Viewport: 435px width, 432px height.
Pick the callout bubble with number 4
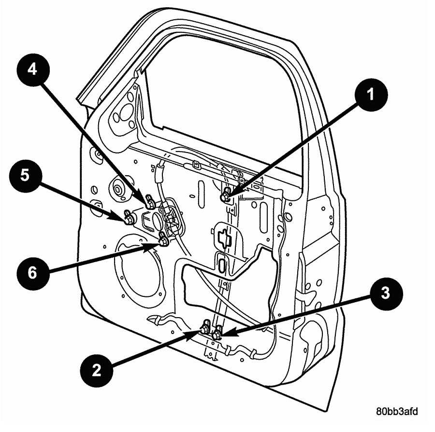[x=32, y=69]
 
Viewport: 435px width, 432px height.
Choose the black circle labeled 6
[x=32, y=273]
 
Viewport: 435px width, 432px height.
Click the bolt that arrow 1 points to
[x=225, y=196]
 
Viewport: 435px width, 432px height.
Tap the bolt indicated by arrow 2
[x=205, y=330]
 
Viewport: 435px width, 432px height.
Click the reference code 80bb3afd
[x=397, y=412]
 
